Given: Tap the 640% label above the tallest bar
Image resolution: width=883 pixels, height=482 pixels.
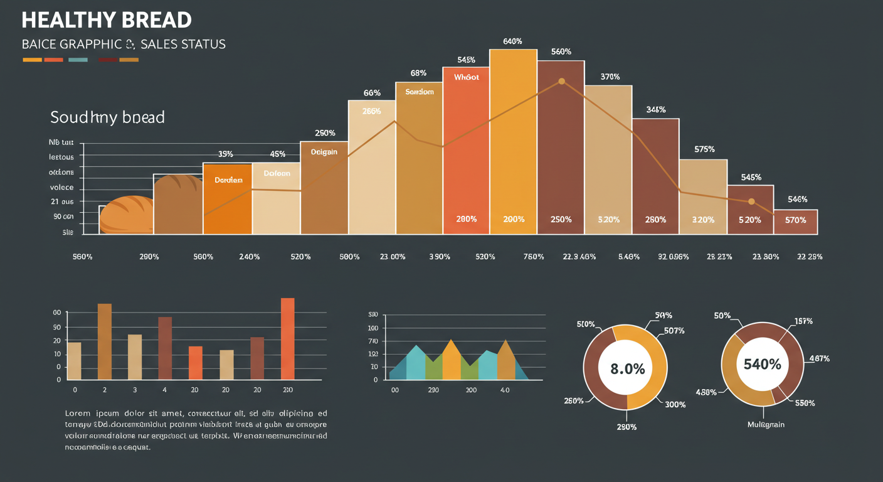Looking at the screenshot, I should tap(512, 41).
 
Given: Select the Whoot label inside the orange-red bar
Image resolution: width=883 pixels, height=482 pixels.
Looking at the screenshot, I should tap(466, 77).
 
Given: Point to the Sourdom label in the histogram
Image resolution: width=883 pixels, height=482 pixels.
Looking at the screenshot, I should tap(419, 92).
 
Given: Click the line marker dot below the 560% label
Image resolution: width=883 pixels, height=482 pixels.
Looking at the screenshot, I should tap(561, 81).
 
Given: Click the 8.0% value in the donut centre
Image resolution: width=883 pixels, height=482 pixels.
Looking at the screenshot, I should tap(627, 368).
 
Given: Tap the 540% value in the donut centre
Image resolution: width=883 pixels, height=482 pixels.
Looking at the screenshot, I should tap(762, 364).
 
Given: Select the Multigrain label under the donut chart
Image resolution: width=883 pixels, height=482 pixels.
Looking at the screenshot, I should tap(766, 425).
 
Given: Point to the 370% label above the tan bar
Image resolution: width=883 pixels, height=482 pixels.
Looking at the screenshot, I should tap(610, 77).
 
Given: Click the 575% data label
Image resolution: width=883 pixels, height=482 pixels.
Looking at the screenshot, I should tap(704, 149).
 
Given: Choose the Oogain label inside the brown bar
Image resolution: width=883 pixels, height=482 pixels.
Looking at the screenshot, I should tap(324, 152).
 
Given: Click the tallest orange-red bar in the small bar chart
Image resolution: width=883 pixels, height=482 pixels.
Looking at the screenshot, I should tap(287, 338).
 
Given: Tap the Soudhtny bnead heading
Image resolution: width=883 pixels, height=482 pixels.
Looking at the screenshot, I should tap(107, 117).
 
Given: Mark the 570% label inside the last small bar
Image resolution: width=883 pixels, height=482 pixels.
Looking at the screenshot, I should tap(795, 220).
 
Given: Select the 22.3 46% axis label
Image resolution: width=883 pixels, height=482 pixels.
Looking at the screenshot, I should tap(579, 257).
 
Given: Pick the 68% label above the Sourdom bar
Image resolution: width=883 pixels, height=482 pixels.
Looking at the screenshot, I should tap(418, 73).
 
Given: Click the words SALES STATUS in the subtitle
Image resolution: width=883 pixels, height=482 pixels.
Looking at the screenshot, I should tap(183, 45).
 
